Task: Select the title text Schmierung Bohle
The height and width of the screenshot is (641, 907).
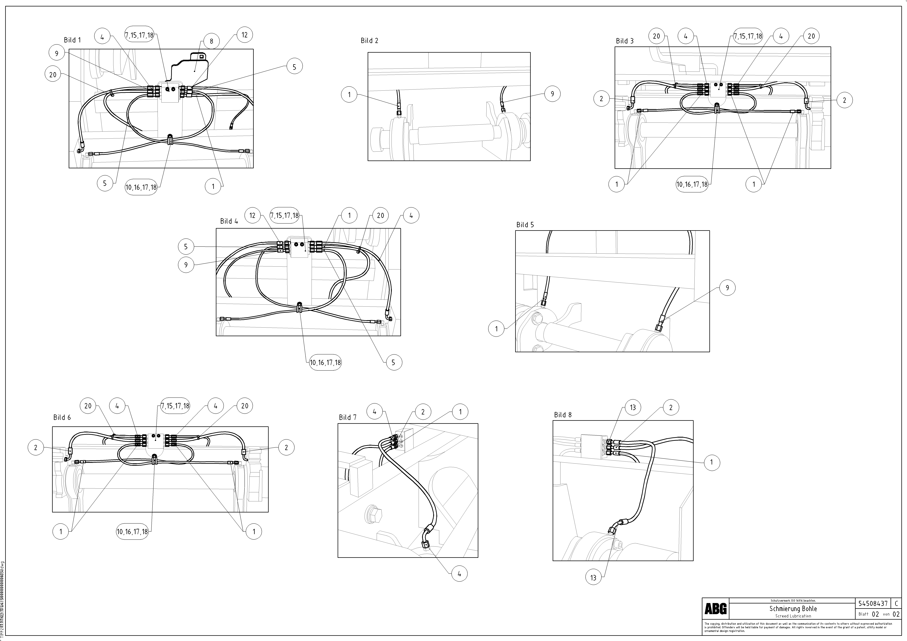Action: coord(793,609)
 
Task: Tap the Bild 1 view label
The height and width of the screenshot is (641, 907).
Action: coord(72,40)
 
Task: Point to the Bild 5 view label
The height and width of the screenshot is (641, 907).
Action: coord(525,225)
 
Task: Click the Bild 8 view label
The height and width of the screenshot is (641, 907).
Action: coord(563,415)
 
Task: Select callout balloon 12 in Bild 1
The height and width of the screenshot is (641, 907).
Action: coord(245,35)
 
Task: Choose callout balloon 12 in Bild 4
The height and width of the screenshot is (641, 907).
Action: coord(252,215)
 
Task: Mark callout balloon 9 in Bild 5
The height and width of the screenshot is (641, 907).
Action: coord(727,288)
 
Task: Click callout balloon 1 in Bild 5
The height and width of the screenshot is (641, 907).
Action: coord(497,328)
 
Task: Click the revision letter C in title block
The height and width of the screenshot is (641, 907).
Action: coord(896,603)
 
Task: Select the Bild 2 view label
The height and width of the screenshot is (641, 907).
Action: coord(369,41)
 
